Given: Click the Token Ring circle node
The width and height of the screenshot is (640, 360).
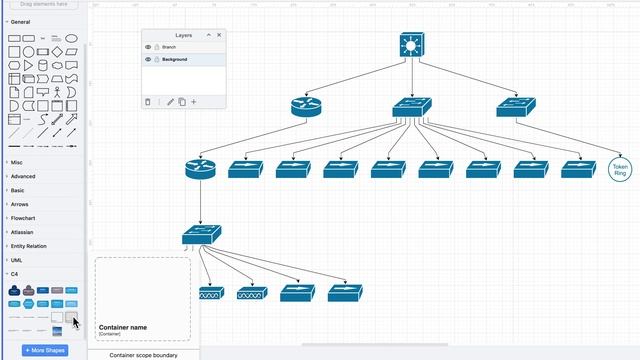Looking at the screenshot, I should point(620,169).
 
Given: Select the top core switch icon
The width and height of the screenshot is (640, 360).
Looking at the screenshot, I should point(411,45).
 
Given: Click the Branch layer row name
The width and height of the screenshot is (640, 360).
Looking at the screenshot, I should point(169,47).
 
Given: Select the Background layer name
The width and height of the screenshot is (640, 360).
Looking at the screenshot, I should point(175,60).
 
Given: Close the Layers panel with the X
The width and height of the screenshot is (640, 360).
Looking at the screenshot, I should point(219,35).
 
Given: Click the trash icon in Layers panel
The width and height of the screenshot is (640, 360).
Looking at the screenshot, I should point(148,101).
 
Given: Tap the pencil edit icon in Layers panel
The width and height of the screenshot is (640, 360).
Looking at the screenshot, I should point(170,101).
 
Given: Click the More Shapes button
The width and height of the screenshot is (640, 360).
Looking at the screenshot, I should point(45,350).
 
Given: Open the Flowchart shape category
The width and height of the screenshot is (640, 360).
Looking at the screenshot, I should point(23,218).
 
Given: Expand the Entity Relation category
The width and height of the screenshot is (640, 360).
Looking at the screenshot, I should point(29,246).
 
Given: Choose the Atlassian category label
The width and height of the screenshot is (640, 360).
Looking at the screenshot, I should point(22,232).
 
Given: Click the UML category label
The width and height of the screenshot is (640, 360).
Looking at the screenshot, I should point(17,260).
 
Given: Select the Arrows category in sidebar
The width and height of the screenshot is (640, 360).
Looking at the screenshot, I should point(20,204).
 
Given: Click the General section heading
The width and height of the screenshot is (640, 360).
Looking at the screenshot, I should point(20,21).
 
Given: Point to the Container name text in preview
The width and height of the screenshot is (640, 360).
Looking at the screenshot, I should point(123,327).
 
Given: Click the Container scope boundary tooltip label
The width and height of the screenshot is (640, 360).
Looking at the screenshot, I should point(143,355).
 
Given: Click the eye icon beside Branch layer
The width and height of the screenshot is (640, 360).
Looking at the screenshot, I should point(148,47).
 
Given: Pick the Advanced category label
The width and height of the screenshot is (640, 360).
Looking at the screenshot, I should point(23,176).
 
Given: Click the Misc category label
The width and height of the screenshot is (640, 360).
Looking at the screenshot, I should point(17,162).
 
